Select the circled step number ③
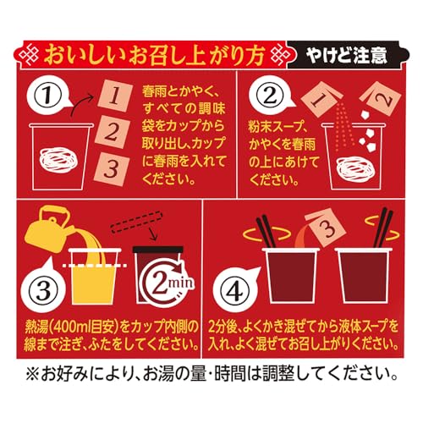point(43,290)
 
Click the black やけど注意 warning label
point(348,55)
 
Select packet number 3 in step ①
point(112,168)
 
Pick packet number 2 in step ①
point(113,132)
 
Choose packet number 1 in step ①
point(115,96)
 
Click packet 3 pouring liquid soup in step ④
point(327,228)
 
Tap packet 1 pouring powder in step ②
point(321,97)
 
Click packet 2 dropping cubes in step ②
point(381,97)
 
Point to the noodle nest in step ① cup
point(58,160)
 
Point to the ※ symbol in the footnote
point(33,374)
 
